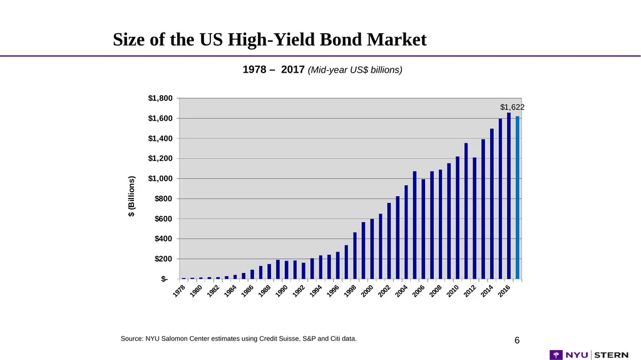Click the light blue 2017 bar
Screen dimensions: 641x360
click(x=518, y=198)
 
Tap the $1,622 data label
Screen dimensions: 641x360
click(x=512, y=107)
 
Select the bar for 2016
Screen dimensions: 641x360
click(x=509, y=196)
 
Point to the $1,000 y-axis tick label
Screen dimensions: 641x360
click(x=160, y=179)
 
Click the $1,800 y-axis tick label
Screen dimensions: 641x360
click(x=160, y=98)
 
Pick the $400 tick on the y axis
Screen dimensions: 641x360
click(x=163, y=239)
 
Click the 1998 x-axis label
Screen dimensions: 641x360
click(x=350, y=291)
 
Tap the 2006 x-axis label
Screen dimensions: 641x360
click(x=419, y=291)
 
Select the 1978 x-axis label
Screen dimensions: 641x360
click(x=179, y=291)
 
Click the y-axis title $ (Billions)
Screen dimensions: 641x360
click(x=131, y=197)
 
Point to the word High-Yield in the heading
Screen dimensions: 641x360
click(x=271, y=40)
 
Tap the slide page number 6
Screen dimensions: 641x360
click(x=517, y=341)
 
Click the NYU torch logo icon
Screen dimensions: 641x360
click(x=556, y=355)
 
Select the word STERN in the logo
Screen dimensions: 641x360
click(x=612, y=355)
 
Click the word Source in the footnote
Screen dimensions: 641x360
click(x=131, y=339)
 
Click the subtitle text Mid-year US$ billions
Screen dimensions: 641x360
click(x=355, y=70)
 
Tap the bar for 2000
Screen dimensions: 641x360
click(x=372, y=249)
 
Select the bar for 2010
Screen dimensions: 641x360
click(x=458, y=218)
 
